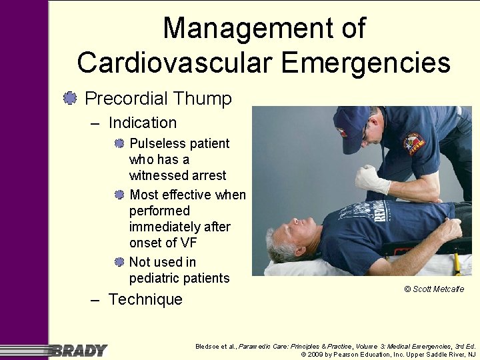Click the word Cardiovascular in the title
tap(175, 63)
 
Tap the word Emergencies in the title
tap(365, 63)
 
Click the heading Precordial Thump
tap(158, 99)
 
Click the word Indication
tap(142, 123)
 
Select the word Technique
tap(145, 299)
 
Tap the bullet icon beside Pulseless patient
tap(119, 143)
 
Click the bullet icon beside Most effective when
tap(119, 195)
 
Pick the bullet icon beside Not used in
tap(119, 262)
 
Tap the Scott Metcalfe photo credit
tap(433, 289)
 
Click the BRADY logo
tap(79, 350)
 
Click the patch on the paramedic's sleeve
tap(414, 144)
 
